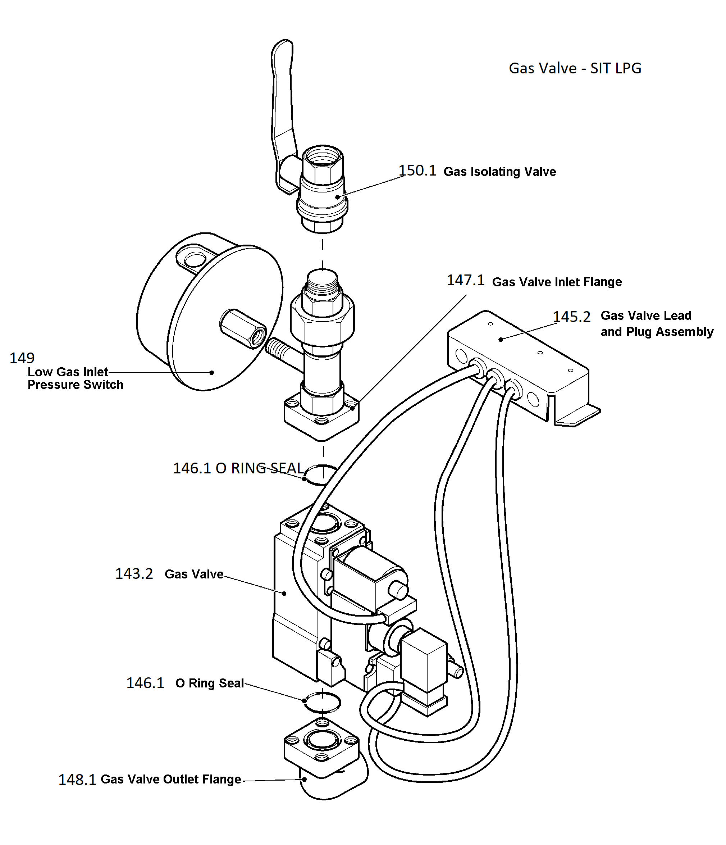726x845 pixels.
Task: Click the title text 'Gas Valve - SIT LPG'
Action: [574, 68]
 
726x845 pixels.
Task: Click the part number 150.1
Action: [417, 171]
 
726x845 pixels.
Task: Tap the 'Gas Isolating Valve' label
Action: [499, 172]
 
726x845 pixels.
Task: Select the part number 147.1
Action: [466, 280]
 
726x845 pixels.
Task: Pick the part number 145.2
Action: [571, 317]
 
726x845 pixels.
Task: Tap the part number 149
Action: [22, 358]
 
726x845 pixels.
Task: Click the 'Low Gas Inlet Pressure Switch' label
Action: [75, 378]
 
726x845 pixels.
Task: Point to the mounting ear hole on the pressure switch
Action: [196, 258]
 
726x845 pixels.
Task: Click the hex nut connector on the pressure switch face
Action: [243, 329]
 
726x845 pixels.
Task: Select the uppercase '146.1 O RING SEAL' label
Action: [238, 468]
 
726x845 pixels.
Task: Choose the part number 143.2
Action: [134, 574]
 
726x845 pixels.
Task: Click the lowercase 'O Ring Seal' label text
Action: [210, 683]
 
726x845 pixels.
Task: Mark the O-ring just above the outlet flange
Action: [322, 702]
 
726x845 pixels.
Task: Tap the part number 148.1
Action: [77, 780]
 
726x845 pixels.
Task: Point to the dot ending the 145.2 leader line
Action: [501, 339]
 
